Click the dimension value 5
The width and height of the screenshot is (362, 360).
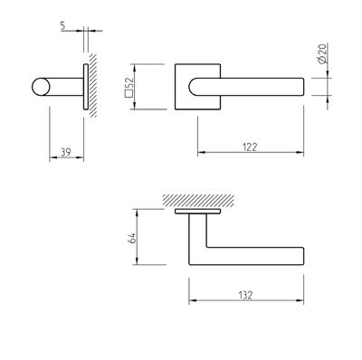point(62,26)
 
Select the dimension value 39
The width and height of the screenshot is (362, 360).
point(66,153)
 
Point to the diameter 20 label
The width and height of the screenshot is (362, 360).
point(322,53)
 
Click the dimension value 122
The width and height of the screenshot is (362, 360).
point(250,147)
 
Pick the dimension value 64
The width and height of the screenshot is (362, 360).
point(132,238)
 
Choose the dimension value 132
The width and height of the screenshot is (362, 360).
point(246,295)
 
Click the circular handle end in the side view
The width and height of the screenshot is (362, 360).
point(41,87)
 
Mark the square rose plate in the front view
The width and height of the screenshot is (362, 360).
point(197,87)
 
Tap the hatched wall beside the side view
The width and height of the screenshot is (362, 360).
point(93,85)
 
